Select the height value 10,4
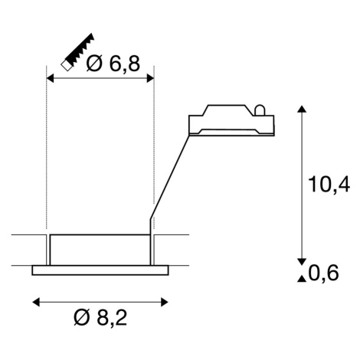pos(329,184)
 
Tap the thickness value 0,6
pos(323,273)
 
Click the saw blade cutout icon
pos(78,51)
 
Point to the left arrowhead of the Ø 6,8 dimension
pos(50,78)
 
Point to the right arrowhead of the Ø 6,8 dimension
pos(150,78)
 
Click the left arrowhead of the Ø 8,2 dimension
pos(36,302)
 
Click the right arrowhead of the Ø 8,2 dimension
pos(165,302)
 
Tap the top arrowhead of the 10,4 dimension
pos(302,109)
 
